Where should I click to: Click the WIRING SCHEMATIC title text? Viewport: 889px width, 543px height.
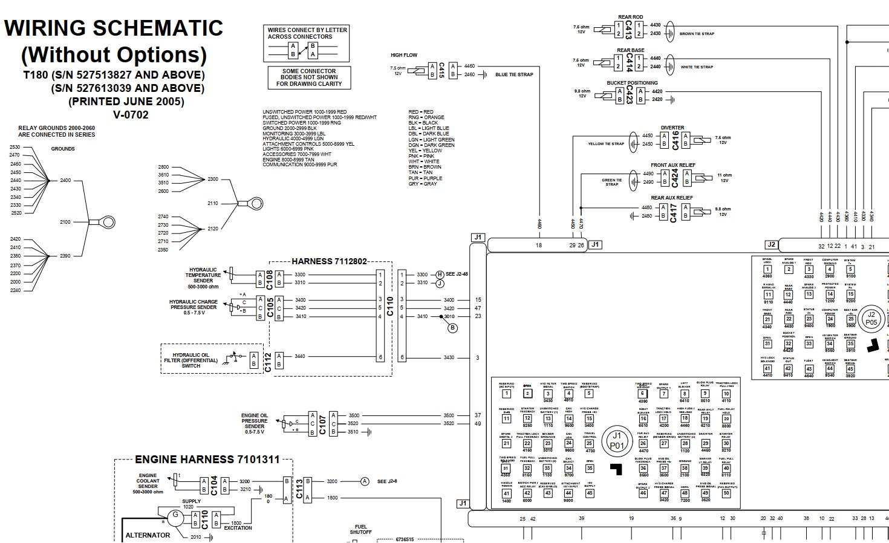(x=114, y=28)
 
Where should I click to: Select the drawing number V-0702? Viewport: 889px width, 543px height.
(x=131, y=115)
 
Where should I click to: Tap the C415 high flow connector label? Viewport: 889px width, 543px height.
(x=441, y=70)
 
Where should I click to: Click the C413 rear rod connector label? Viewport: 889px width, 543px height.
(x=628, y=29)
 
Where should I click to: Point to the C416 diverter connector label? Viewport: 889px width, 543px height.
(x=675, y=140)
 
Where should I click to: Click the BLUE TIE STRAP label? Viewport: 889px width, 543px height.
(x=514, y=75)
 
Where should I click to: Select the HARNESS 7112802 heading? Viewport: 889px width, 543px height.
(x=329, y=261)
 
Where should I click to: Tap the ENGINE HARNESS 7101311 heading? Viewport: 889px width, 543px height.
(x=207, y=460)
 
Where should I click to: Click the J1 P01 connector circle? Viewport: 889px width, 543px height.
(x=616, y=440)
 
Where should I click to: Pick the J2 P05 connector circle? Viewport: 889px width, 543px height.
(x=871, y=318)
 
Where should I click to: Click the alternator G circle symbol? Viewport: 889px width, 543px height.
(x=176, y=515)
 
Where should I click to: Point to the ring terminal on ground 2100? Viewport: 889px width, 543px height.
(x=107, y=222)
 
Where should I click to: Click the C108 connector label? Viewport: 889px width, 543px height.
(x=270, y=279)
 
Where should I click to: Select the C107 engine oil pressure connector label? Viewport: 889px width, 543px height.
(x=322, y=423)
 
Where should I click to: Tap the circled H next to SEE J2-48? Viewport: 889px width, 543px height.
(x=440, y=275)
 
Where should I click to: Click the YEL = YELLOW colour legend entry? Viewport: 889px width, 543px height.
(x=425, y=151)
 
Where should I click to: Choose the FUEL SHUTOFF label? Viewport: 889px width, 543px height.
(x=361, y=529)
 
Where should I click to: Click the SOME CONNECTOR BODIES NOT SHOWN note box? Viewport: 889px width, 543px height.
(x=308, y=77)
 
